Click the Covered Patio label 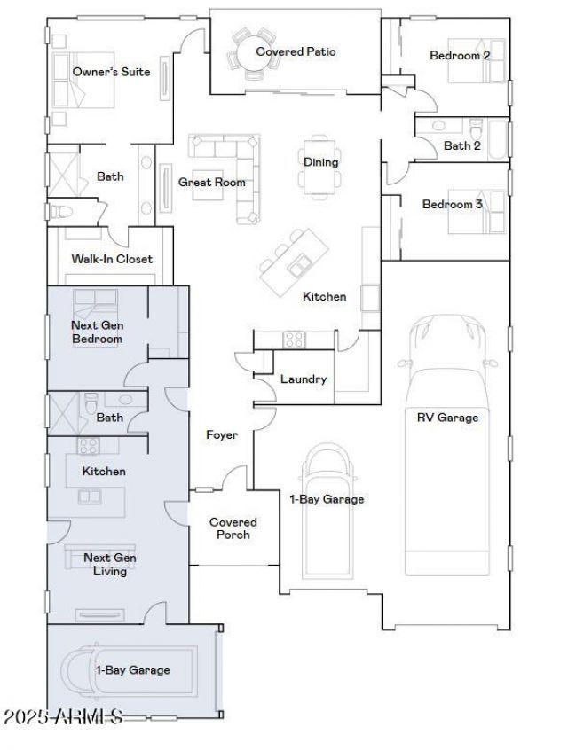296,51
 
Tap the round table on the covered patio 253,52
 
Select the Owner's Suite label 111,72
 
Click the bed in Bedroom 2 476,61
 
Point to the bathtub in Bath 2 497,138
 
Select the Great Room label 212,183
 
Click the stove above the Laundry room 294,340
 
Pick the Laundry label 304,379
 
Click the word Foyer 222,434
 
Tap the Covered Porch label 233,528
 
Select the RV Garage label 447,418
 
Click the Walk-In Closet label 112,259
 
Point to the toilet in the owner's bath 61,211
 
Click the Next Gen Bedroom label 98,332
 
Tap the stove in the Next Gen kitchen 89,446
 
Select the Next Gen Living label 110,565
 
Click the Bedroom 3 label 452,204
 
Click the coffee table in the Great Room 208,185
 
